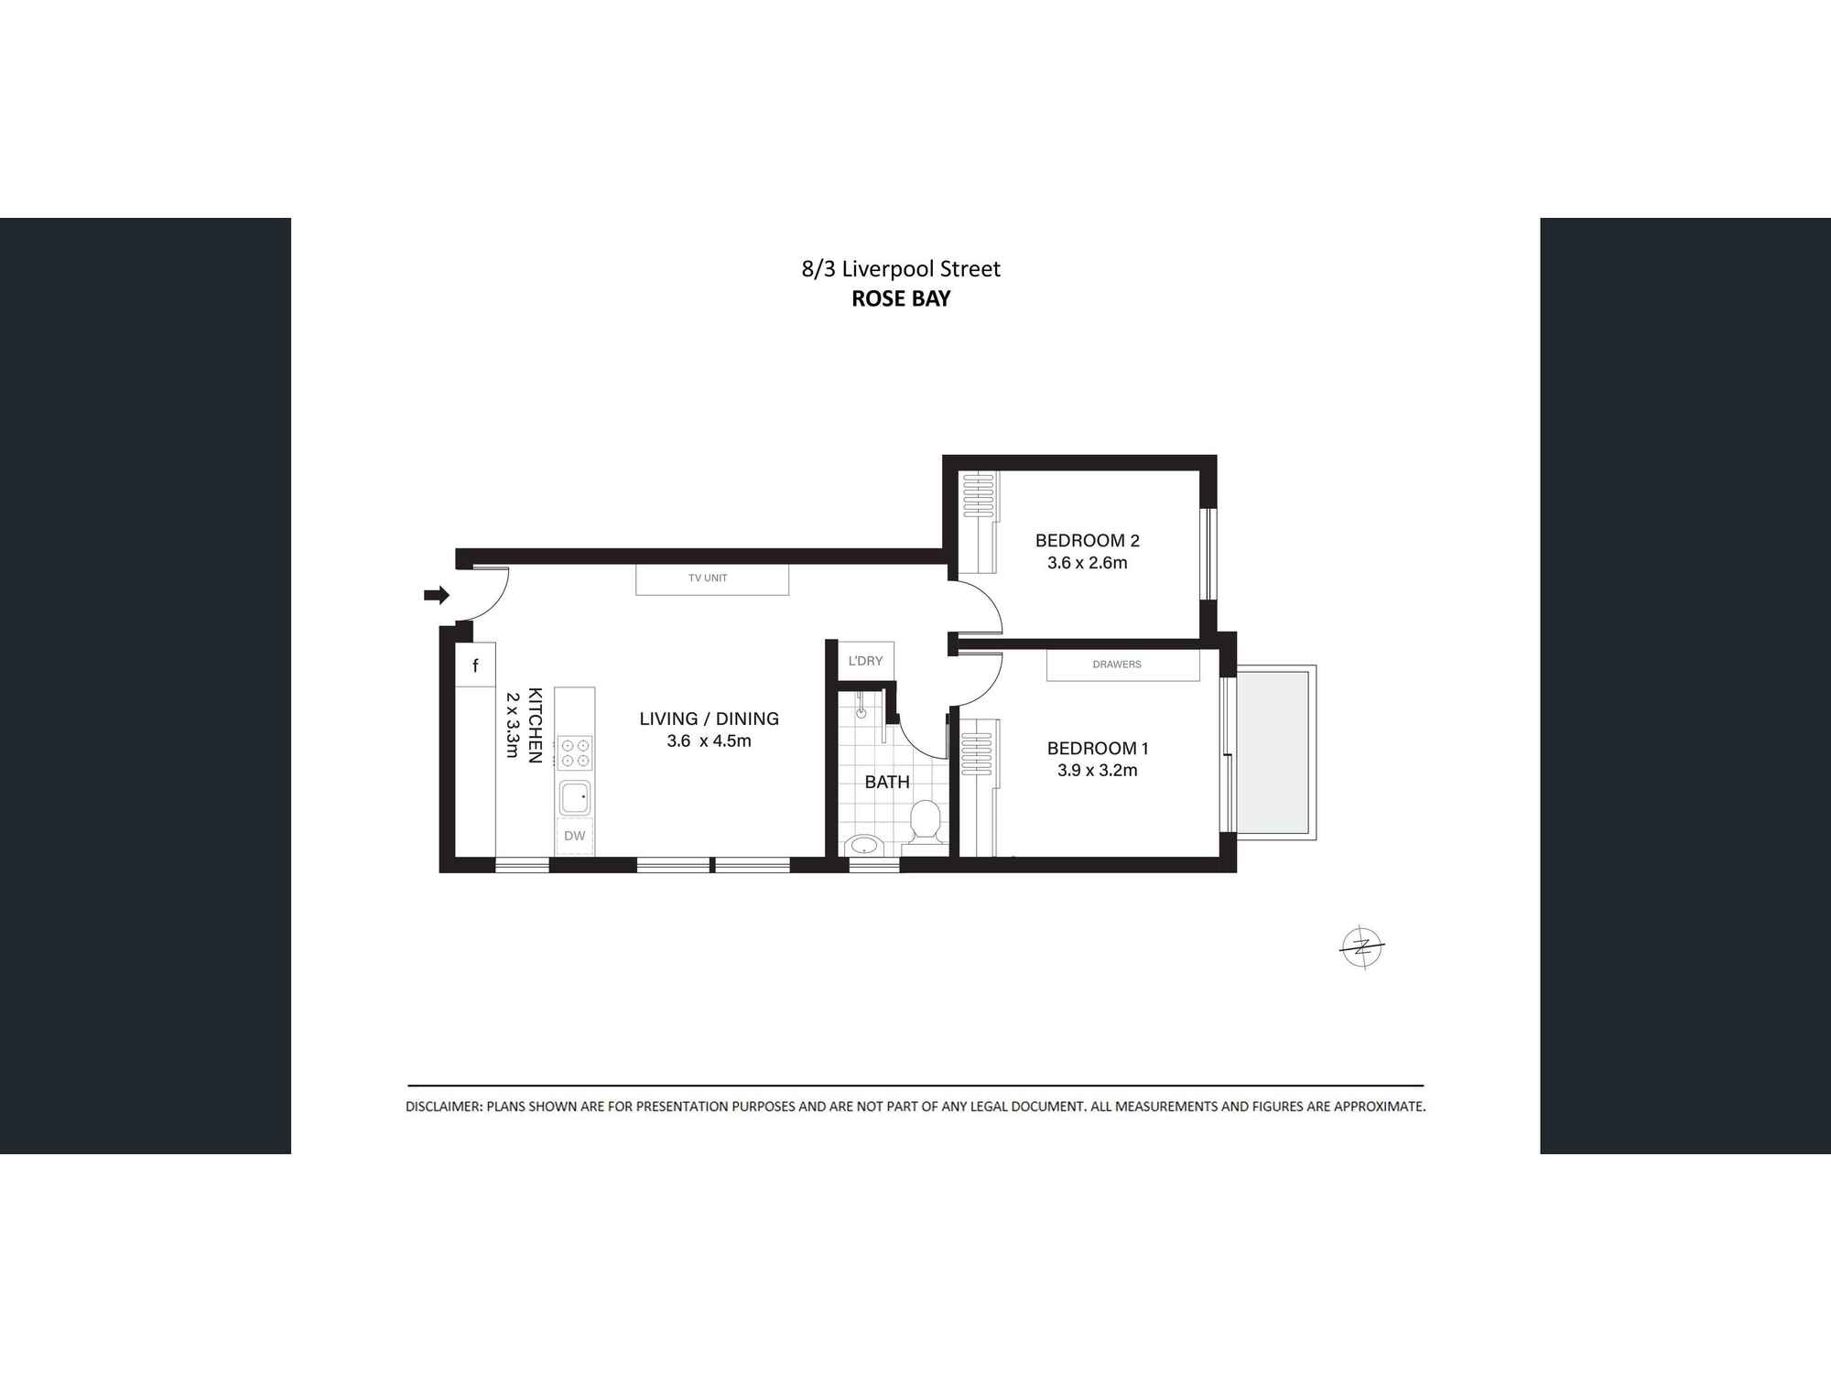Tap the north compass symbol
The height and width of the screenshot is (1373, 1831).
pos(1362,946)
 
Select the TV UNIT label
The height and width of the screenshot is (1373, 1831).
pos(708,578)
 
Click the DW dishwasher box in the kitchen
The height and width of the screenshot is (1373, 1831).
pos(575,836)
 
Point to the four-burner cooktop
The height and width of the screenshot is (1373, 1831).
pos(575,753)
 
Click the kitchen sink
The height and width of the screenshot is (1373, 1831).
pos(575,797)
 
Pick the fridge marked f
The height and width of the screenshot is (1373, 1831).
pos(475,665)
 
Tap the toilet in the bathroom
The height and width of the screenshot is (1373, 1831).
pos(926,821)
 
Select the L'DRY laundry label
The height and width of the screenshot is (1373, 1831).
pos(865,661)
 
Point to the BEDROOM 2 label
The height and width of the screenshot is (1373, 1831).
pos(1087,541)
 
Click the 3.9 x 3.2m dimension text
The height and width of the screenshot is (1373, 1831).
pos(1097,771)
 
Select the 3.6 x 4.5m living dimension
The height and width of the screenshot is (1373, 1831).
pos(709,741)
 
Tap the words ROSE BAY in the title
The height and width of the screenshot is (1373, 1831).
pos(901,298)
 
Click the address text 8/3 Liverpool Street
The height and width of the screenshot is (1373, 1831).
pos(901,269)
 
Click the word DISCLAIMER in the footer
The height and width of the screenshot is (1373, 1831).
pos(443,1107)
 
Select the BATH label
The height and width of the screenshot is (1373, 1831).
pos(887,782)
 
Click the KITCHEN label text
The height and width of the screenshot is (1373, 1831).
pos(536,725)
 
